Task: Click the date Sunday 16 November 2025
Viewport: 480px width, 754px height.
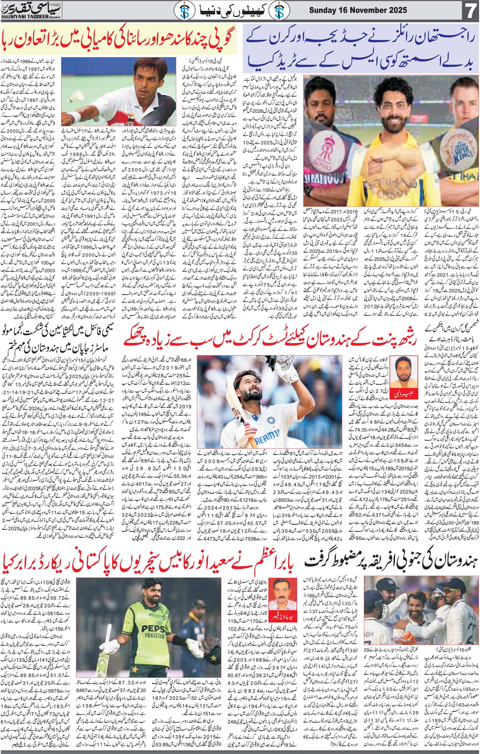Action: pyautogui.click(x=358, y=10)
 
